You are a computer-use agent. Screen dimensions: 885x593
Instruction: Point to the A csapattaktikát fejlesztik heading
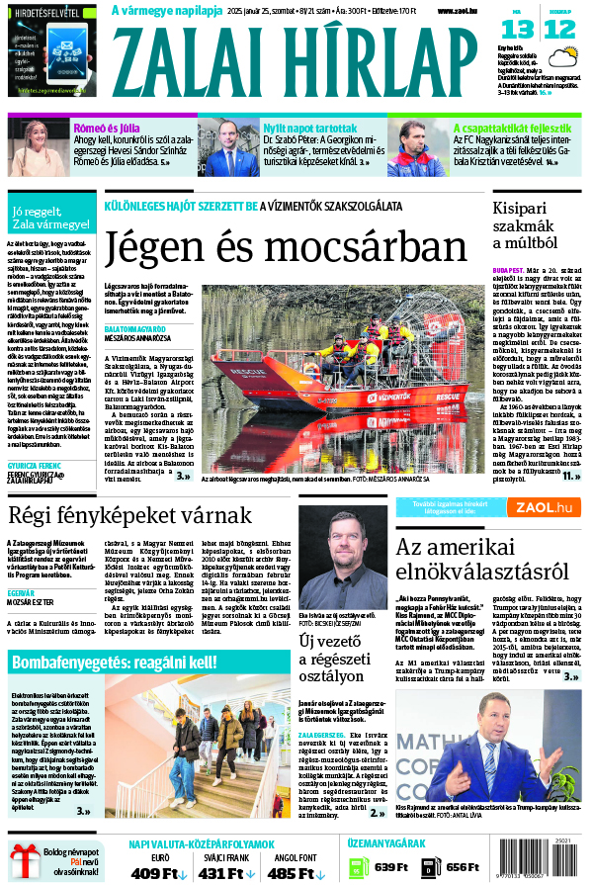click(511, 128)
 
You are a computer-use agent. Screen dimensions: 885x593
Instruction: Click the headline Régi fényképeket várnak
click(130, 515)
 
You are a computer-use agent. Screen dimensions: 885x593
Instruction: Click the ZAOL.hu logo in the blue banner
click(539, 507)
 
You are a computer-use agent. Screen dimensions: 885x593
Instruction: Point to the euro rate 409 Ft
click(153, 873)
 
